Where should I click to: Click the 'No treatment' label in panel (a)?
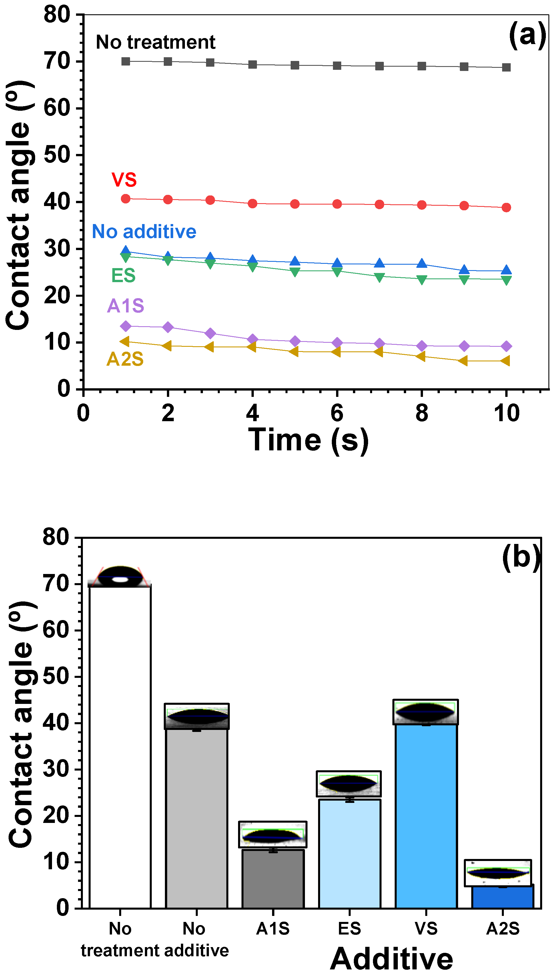point(155,42)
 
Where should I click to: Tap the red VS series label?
point(124,180)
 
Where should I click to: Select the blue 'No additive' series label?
point(144,231)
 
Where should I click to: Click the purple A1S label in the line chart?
point(125,306)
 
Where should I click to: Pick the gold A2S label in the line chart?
point(125,359)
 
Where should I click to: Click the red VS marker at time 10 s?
point(506,207)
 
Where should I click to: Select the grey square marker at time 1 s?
point(126,62)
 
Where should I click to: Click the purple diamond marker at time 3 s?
point(210,333)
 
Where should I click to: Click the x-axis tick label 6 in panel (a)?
point(337,413)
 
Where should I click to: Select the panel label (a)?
point(527,35)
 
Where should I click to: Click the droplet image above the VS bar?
point(426,712)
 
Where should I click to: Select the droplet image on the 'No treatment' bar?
point(120,577)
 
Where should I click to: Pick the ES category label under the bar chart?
point(349,929)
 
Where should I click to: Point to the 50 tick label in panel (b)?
point(56,676)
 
